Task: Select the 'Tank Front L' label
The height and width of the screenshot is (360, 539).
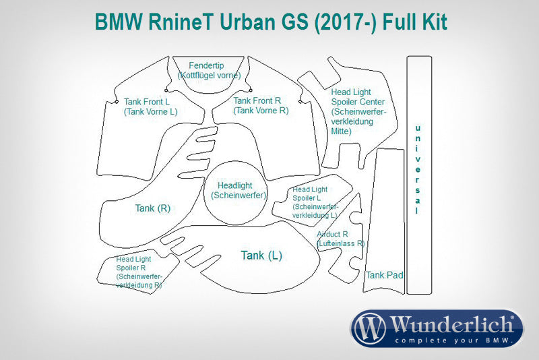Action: point(147,102)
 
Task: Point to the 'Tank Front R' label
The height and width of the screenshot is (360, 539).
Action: point(257,100)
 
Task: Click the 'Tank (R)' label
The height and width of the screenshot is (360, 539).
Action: point(152,208)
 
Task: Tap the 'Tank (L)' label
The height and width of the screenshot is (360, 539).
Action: point(261,256)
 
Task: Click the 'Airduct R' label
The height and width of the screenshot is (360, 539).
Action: point(332,234)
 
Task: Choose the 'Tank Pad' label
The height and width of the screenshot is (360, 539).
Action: point(385,275)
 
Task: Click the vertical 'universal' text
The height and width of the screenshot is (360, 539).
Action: point(417,169)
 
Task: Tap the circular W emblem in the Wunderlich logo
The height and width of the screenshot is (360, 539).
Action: point(370,328)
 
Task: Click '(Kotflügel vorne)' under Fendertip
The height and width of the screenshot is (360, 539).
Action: point(209,76)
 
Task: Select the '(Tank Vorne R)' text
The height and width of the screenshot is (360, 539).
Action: point(261,110)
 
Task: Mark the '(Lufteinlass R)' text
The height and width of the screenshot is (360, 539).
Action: point(341,243)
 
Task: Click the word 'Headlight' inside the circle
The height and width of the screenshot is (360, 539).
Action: point(235,186)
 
